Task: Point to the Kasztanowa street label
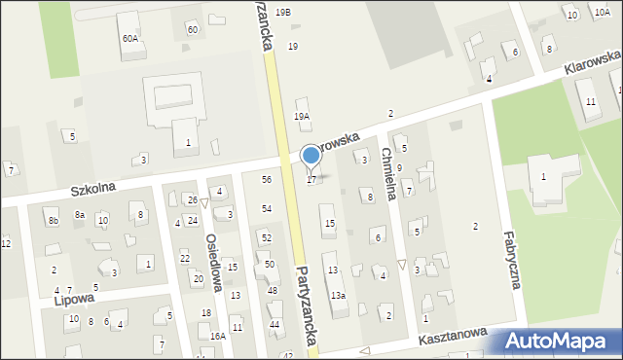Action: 453,337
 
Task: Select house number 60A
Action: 129,38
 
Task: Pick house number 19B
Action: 282,12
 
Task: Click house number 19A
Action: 302,116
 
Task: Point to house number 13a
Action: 337,295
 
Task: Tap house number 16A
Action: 217,336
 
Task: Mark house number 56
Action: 266,179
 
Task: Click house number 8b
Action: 54,222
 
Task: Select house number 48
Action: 273,291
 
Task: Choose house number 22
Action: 184,258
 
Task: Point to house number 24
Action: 193,221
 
